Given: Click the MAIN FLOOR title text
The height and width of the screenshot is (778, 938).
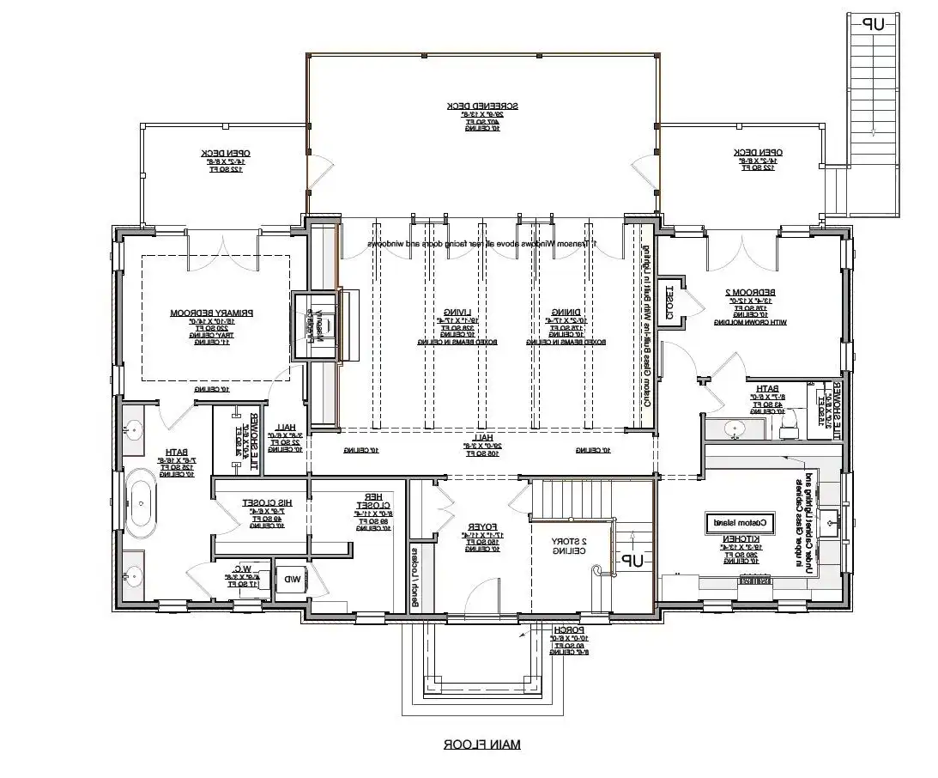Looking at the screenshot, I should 481,745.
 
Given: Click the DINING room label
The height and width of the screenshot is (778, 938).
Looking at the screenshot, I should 563,313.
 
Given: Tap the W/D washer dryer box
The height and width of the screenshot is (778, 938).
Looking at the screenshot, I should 293,579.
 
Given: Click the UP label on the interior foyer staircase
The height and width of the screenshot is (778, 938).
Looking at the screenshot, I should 632,561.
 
